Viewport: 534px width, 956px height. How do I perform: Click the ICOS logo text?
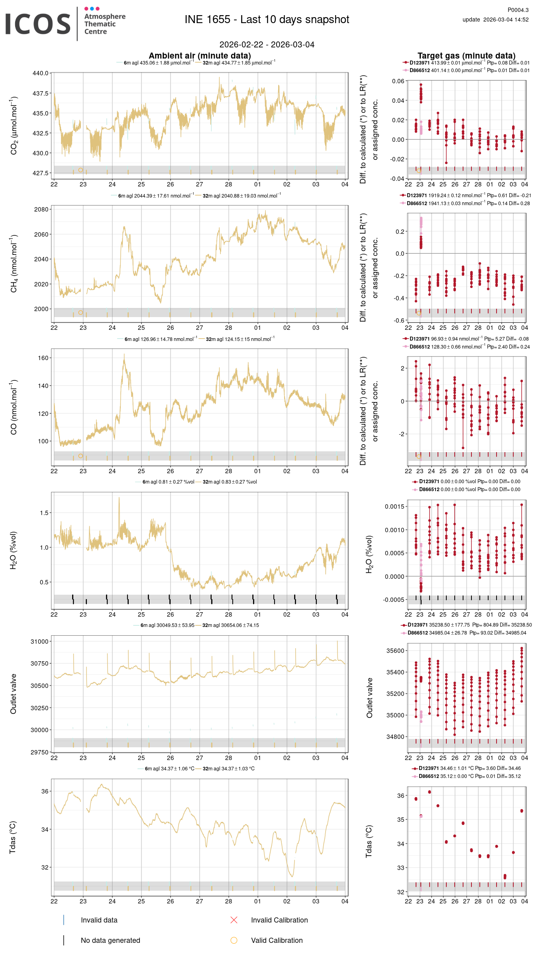pos(38,24)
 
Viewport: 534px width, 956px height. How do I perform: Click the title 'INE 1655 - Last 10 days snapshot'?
pos(267,20)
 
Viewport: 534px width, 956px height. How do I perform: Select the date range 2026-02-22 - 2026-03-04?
pos(267,45)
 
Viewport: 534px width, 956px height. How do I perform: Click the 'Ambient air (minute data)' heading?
pos(200,56)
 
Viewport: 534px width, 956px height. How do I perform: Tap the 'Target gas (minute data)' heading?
pos(466,56)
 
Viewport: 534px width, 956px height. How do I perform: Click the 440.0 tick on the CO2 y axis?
pos(40,73)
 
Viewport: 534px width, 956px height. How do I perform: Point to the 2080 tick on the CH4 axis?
pos(41,210)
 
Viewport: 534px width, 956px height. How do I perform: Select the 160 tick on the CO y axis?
pos(43,358)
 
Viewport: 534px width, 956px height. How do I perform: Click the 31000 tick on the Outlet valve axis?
pos(39,642)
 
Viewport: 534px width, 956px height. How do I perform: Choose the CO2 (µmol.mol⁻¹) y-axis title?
pos(14,125)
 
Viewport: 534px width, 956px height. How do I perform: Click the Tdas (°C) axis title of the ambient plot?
pos(13,837)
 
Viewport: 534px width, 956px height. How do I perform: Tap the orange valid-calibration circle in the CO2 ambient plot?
pos(80,170)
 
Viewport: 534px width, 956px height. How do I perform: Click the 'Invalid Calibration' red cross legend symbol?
pos(234,920)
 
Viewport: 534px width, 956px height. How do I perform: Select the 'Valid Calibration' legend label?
pos(277,940)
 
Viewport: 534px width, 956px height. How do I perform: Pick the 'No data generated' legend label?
pos(110,940)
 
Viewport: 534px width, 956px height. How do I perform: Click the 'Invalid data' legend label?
pos(99,920)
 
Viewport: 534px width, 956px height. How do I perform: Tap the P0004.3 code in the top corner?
pos(518,10)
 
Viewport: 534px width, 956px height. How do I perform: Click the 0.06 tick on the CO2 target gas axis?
pos(398,81)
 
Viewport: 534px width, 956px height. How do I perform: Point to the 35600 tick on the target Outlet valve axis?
pos(395,651)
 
